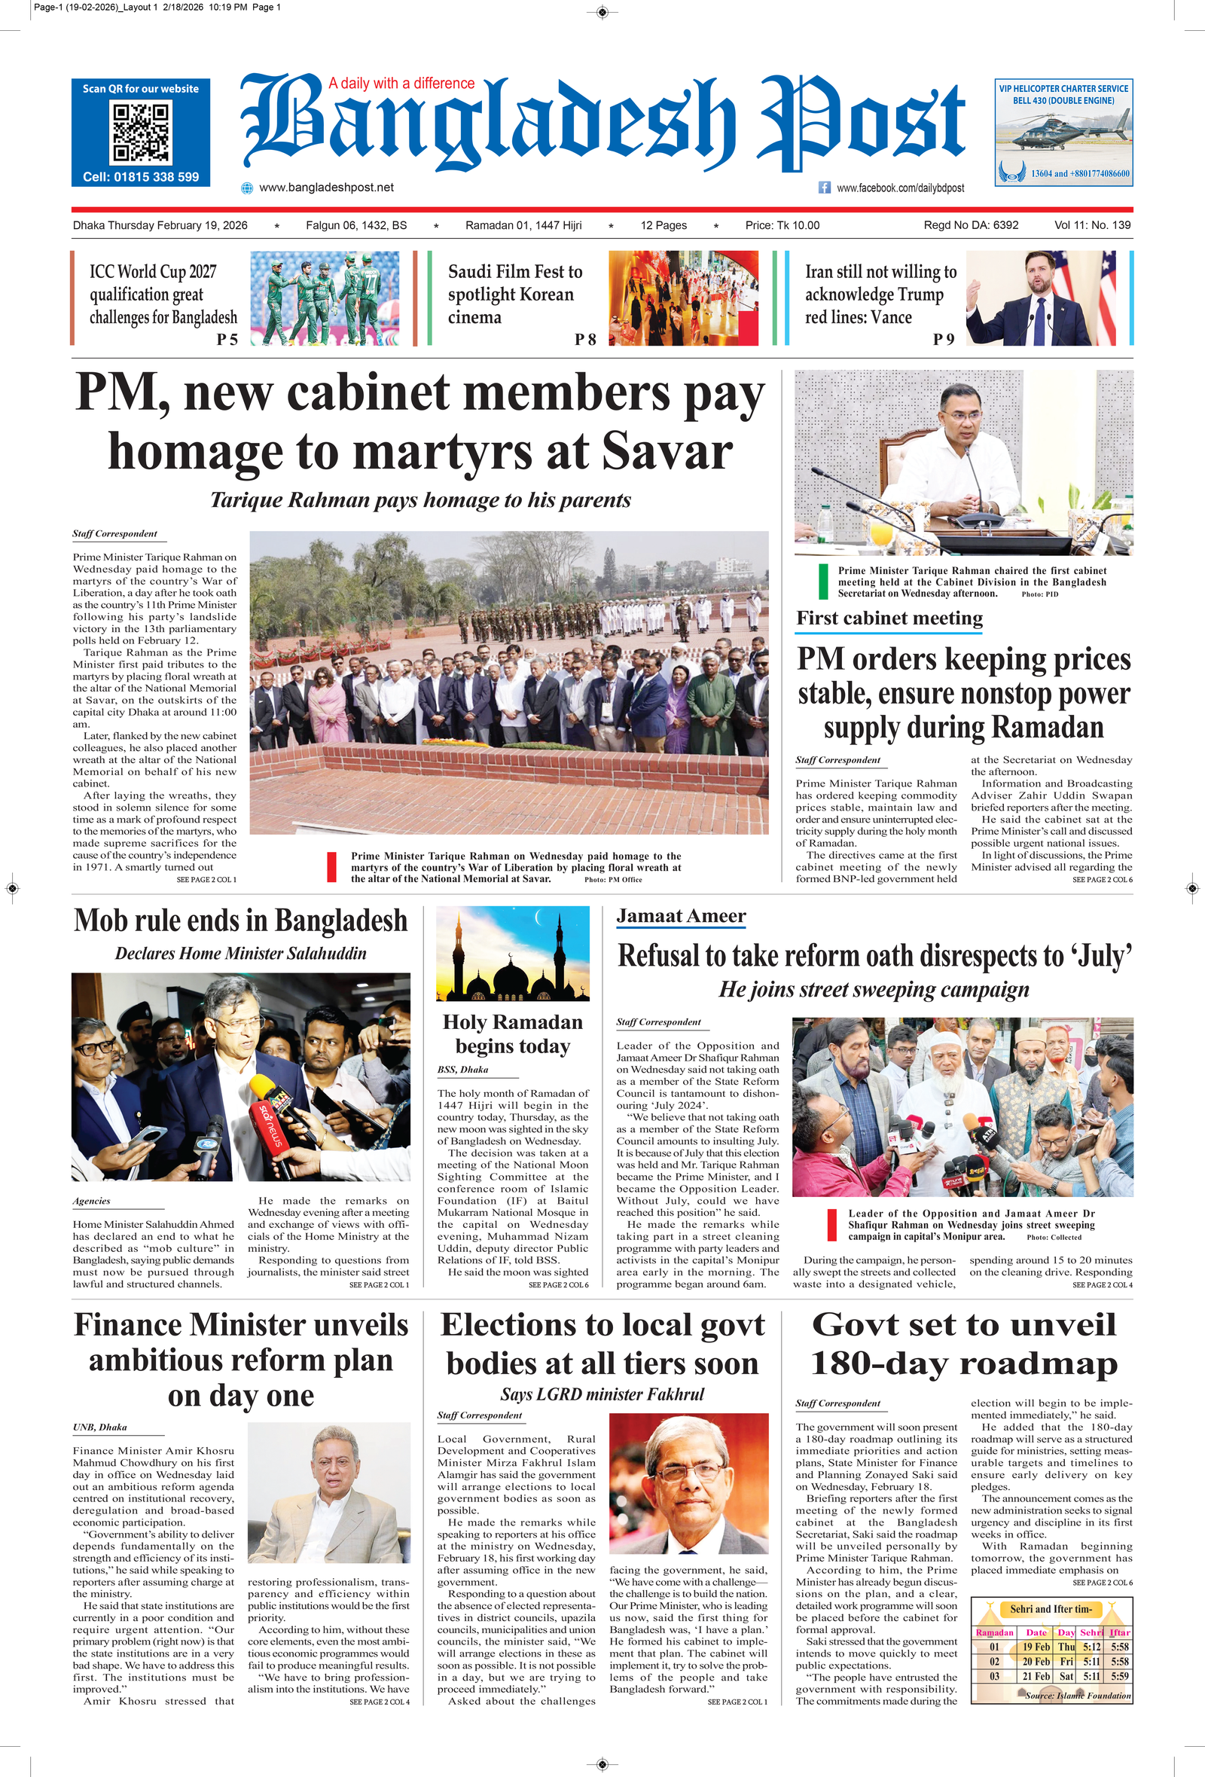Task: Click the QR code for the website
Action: tap(141, 133)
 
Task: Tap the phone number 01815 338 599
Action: tap(141, 176)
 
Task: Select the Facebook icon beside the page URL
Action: tap(824, 188)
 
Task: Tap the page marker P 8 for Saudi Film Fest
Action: tap(585, 340)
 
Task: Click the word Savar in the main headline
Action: tap(667, 452)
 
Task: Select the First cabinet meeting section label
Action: tap(889, 618)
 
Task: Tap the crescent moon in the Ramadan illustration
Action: tap(541, 917)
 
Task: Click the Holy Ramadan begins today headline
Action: tap(512, 1034)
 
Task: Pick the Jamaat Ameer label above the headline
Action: tap(681, 916)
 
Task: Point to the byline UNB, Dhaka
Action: tap(99, 1427)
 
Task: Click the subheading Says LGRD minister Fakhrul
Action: tap(602, 1394)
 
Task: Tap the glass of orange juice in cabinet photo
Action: tap(882, 533)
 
